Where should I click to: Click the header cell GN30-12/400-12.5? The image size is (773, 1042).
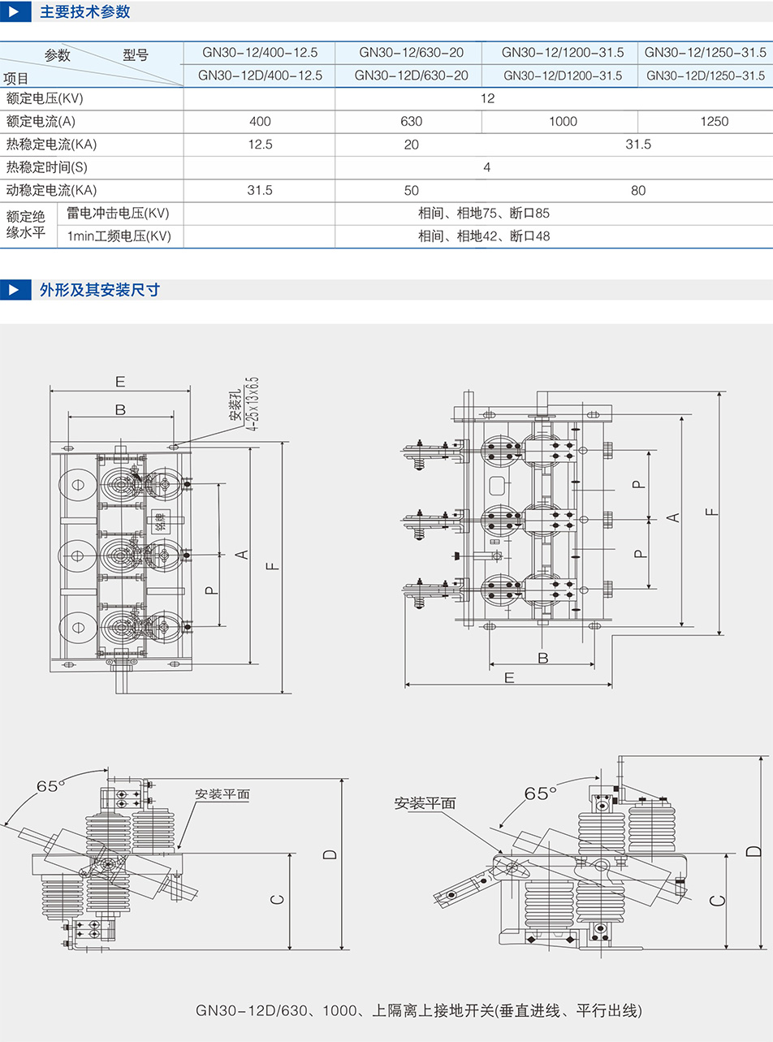[x=260, y=53]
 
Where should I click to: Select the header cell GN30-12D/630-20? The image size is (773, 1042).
[x=411, y=76]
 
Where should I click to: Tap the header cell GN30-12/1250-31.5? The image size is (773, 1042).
[x=705, y=53]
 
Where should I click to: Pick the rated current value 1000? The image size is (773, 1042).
[x=563, y=121]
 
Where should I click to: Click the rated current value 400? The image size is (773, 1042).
[x=260, y=121]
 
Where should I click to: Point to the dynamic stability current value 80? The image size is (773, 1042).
[x=638, y=190]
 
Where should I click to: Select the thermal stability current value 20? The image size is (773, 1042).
[x=411, y=144]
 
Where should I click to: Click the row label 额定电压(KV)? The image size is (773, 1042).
[x=45, y=98]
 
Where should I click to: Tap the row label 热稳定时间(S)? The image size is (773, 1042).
[x=46, y=167]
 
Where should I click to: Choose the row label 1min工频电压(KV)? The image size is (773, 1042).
[x=119, y=236]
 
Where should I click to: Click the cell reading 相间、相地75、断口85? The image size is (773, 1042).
[x=484, y=214]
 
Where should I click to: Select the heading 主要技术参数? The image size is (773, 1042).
[x=84, y=12]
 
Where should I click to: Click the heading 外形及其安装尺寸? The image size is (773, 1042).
[x=99, y=290]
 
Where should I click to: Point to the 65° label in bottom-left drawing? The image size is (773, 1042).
[x=49, y=786]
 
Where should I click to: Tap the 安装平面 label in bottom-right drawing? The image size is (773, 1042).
[x=425, y=803]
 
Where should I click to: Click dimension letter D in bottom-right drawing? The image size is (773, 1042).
[x=754, y=850]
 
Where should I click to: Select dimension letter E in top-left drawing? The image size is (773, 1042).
[x=119, y=381]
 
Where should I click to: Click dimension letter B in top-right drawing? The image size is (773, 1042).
[x=543, y=656]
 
